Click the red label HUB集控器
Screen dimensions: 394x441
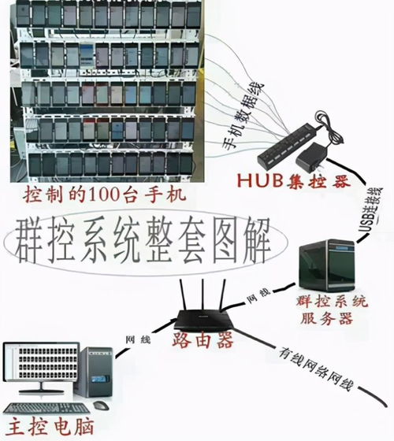tap(294, 181)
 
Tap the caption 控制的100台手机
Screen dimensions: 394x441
tap(105, 195)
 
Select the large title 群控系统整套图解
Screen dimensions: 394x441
tap(143, 240)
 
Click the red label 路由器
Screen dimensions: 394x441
tap(203, 339)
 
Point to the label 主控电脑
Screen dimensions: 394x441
tap(50, 427)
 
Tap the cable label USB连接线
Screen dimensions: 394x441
tap(371, 209)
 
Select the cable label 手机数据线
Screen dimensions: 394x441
tap(243, 116)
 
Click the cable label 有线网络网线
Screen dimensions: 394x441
tap(315, 369)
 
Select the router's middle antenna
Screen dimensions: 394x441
tap(203, 295)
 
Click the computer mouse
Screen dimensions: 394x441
tap(101, 406)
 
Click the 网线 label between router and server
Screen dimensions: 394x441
tap(258, 296)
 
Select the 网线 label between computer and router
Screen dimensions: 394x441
tap(138, 339)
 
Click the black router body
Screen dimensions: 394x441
tap(204, 320)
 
